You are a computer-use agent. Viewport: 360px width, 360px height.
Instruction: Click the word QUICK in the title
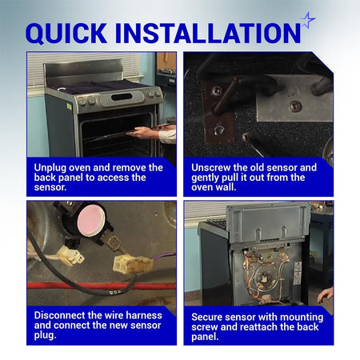[66, 33]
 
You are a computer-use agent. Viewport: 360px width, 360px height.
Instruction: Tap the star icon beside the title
[308, 20]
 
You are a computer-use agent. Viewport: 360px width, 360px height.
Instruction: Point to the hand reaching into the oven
[146, 133]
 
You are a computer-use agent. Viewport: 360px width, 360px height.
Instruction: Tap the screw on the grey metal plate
[295, 106]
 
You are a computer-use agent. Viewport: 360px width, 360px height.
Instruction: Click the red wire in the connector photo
[102, 286]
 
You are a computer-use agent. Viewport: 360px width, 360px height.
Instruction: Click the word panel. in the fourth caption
[205, 337]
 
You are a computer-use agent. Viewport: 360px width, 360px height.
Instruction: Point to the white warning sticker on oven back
[297, 274]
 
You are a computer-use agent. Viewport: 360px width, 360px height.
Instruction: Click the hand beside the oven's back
[326, 295]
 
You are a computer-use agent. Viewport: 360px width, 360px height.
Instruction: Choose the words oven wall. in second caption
[214, 187]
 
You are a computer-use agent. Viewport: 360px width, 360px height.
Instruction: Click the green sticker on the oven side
[70, 106]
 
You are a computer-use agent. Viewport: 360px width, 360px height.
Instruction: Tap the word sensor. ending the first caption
[50, 187]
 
